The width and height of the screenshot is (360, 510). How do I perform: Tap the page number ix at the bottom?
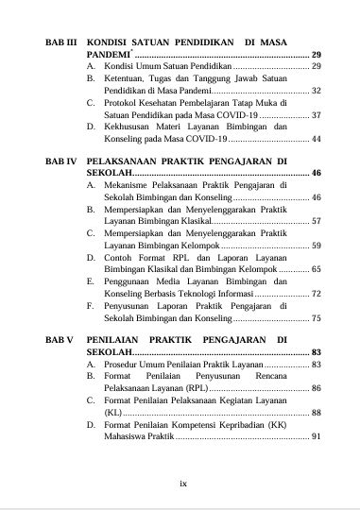[183, 484]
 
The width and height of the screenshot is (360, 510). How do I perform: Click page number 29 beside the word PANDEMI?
[317, 56]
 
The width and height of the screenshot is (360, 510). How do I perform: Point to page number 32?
[317, 91]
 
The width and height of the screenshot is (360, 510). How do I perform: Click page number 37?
[317, 115]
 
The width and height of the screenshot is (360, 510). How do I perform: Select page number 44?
[317, 140]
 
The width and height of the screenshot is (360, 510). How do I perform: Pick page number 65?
[317, 270]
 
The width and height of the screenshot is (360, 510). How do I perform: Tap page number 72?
[317, 295]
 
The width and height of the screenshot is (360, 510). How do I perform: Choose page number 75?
[317, 319]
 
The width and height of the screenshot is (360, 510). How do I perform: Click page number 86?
[317, 388]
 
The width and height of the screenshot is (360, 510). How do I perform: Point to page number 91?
[317, 436]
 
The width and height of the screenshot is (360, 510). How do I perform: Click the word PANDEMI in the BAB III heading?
[108, 56]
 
